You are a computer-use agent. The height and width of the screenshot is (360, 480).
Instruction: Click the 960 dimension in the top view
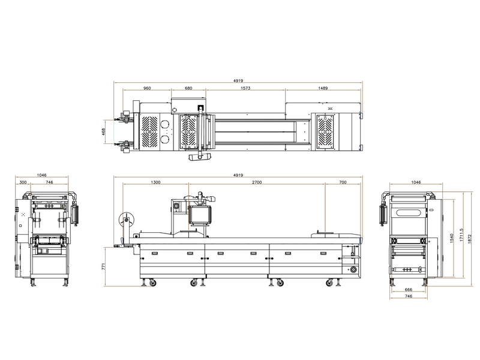tap(147, 88)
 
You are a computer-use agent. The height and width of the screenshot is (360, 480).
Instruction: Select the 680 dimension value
tap(188, 88)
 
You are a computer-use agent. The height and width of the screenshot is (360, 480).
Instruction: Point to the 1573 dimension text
tap(245, 88)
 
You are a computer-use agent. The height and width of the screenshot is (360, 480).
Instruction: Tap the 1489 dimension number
tap(323, 88)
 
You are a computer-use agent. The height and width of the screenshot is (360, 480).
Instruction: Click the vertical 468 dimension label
tap(103, 131)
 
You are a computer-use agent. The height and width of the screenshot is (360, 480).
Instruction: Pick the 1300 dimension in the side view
tap(155, 182)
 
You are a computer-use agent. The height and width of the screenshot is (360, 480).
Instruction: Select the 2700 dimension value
tap(257, 182)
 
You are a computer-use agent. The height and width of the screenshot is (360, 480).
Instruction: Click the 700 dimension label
tap(343, 182)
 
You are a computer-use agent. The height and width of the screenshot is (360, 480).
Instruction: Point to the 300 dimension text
tap(23, 182)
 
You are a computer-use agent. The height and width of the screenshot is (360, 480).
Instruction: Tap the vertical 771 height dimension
tap(103, 266)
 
